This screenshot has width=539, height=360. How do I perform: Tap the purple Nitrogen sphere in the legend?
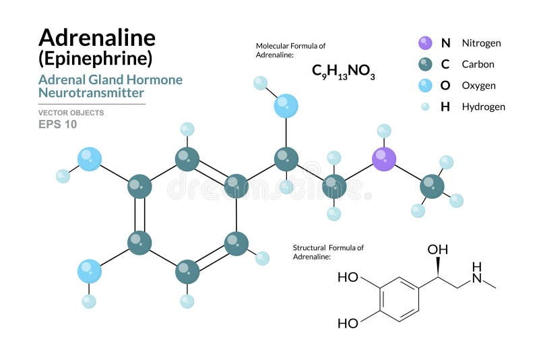tap(425, 43)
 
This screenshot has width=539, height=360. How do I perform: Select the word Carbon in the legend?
tap(478, 65)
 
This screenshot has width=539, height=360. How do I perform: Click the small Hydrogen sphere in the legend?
tap(425, 107)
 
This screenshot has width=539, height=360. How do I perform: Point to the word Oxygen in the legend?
tap(479, 86)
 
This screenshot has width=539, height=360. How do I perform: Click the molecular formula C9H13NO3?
tap(343, 71)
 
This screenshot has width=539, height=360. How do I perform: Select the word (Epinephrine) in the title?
tap(95, 58)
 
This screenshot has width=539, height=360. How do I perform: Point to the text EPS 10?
tap(57, 124)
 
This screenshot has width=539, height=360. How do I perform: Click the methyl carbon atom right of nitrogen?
tap(432, 185)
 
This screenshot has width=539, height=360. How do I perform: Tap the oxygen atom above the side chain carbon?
tap(286, 106)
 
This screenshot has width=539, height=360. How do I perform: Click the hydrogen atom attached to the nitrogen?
tap(384, 131)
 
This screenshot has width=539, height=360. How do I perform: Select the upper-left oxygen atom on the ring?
tap(90, 158)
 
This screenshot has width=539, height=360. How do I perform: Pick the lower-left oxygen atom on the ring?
tap(90, 272)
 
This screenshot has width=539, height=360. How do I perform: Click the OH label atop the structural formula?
tap(437, 250)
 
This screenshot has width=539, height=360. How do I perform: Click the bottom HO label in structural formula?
tap(348, 324)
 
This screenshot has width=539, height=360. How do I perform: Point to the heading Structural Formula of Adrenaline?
tap(328, 252)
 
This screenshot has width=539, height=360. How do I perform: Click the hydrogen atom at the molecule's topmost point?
tap(260, 83)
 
